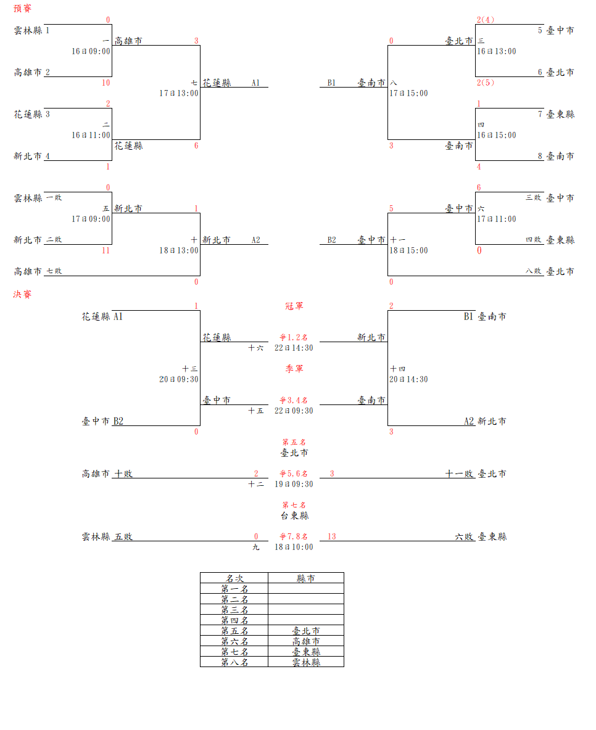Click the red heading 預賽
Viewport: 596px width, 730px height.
pyautogui.click(x=22, y=9)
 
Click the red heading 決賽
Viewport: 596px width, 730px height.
pyautogui.click(x=22, y=294)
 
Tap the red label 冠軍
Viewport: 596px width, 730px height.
pyautogui.click(x=294, y=306)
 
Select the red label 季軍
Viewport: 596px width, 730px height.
pyautogui.click(x=294, y=369)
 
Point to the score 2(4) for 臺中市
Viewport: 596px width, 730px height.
pyautogui.click(x=486, y=20)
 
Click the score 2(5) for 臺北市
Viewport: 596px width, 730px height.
pyautogui.click(x=486, y=83)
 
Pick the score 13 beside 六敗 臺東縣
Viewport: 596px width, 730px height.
pyautogui.click(x=332, y=536)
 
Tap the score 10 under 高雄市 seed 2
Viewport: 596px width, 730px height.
pyautogui.click(x=106, y=83)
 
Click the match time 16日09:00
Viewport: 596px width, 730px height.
pyautogui.click(x=91, y=51)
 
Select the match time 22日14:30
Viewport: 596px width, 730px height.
pyautogui.click(x=294, y=348)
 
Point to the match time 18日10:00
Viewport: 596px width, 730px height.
pyautogui.click(x=294, y=547)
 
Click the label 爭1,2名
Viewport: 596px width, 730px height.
pyautogui.click(x=294, y=337)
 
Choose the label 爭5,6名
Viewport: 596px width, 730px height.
pyautogui.click(x=294, y=474)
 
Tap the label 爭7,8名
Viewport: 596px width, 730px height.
pyautogui.click(x=294, y=536)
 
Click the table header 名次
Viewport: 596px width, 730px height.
pyautogui.click(x=234, y=578)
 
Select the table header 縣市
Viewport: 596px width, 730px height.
pyautogui.click(x=306, y=578)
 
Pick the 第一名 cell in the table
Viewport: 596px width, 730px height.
pyautogui.click(x=234, y=589)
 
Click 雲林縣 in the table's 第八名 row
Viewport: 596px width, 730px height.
pyautogui.click(x=306, y=662)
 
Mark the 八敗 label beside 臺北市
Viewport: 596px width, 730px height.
pyautogui.click(x=533, y=271)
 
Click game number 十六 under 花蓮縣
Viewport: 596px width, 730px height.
pyautogui.click(x=255, y=348)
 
